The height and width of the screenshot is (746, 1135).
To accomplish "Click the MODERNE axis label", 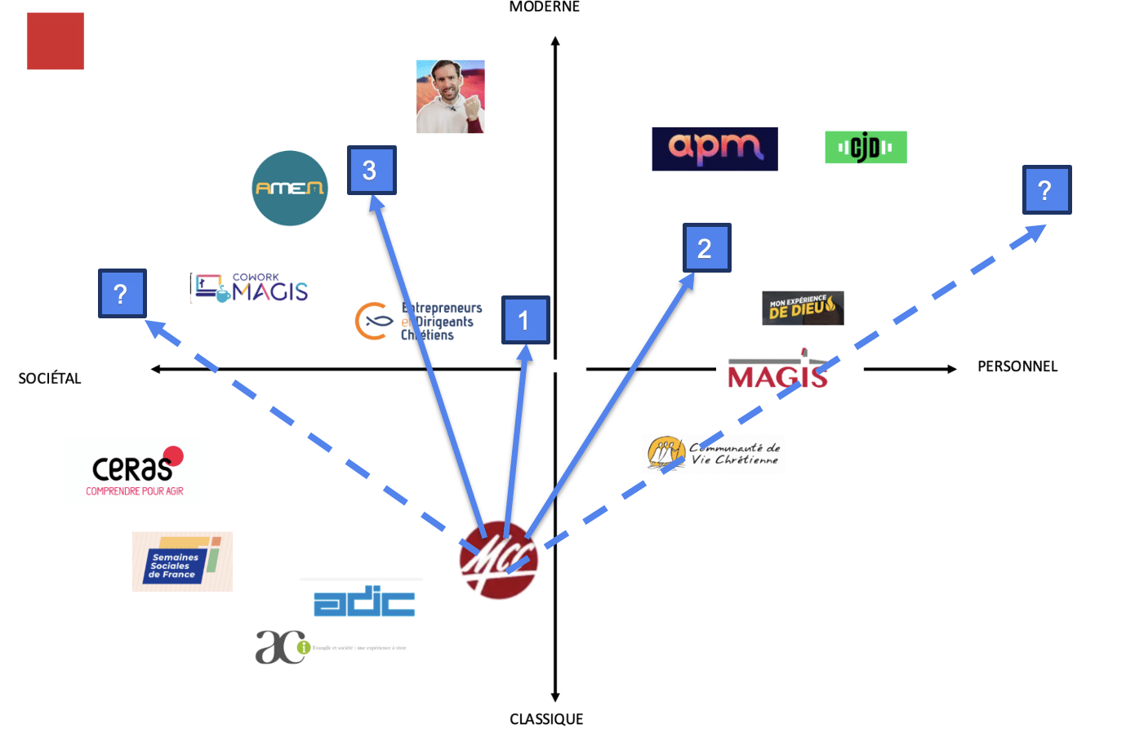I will tap(545, 7).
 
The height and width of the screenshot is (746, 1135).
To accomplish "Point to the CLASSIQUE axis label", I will tap(546, 719).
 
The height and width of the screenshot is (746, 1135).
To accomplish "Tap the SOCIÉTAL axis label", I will tap(50, 378).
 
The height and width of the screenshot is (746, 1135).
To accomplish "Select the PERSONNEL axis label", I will tap(1017, 366).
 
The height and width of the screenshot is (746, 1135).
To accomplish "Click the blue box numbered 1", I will tap(525, 320).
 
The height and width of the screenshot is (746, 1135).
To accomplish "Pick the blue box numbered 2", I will tap(706, 247).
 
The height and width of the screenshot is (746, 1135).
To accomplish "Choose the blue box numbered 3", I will tap(372, 170).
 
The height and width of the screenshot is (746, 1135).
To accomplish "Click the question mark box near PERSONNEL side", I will tap(1047, 190).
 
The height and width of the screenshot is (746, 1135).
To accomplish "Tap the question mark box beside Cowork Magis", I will tap(122, 293).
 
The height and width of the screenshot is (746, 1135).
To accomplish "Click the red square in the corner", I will tap(56, 41).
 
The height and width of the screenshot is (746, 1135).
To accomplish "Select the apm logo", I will tap(714, 149).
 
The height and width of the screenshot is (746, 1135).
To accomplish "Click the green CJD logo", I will tap(866, 148).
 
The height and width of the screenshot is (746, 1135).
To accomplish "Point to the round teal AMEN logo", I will tap(290, 188).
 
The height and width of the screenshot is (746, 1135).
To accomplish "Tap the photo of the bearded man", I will tap(451, 96).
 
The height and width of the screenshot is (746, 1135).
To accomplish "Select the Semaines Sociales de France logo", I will tap(182, 562).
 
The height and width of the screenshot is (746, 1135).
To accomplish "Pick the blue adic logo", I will tap(364, 601).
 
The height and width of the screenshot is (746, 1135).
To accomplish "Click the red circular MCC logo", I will tap(498, 560).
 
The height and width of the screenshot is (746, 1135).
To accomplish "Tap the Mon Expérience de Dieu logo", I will tap(803, 308).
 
